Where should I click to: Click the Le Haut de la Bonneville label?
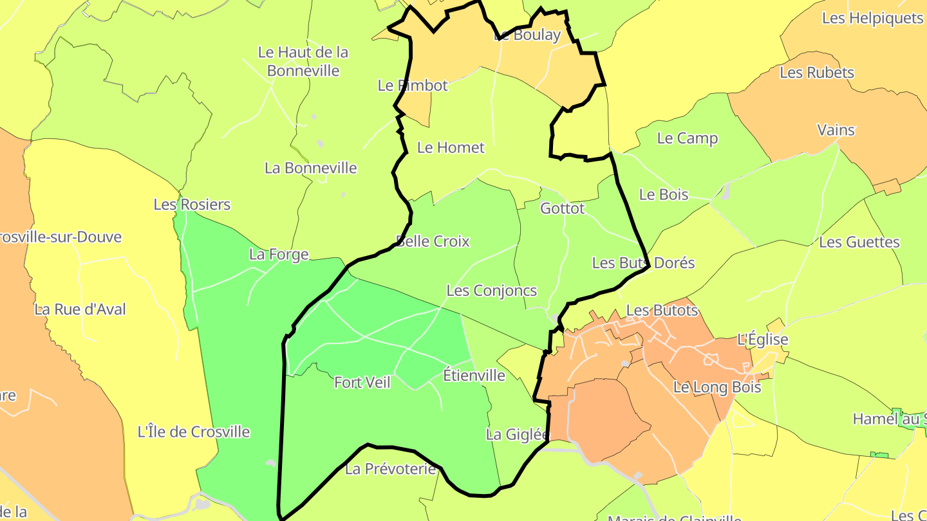click(303, 61)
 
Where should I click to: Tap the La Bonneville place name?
click(311, 168)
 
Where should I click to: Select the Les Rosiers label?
click(192, 205)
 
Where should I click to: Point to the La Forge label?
click(279, 255)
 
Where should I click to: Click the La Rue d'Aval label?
click(80, 309)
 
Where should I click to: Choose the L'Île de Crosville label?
click(194, 432)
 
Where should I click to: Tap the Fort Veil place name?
click(362, 383)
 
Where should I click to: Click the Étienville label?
click(474, 376)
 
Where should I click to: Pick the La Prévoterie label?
click(391, 470)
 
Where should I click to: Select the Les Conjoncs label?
click(492, 291)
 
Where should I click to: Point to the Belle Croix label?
click(433, 242)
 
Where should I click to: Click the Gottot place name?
click(563, 208)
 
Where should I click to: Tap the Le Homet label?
click(451, 147)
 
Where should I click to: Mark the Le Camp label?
click(688, 138)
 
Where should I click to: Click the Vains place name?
click(836, 130)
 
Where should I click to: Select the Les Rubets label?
click(817, 73)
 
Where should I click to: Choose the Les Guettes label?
click(859, 242)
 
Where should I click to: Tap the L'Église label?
click(763, 340)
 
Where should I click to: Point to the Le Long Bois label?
click(717, 387)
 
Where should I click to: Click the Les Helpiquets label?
click(872, 18)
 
